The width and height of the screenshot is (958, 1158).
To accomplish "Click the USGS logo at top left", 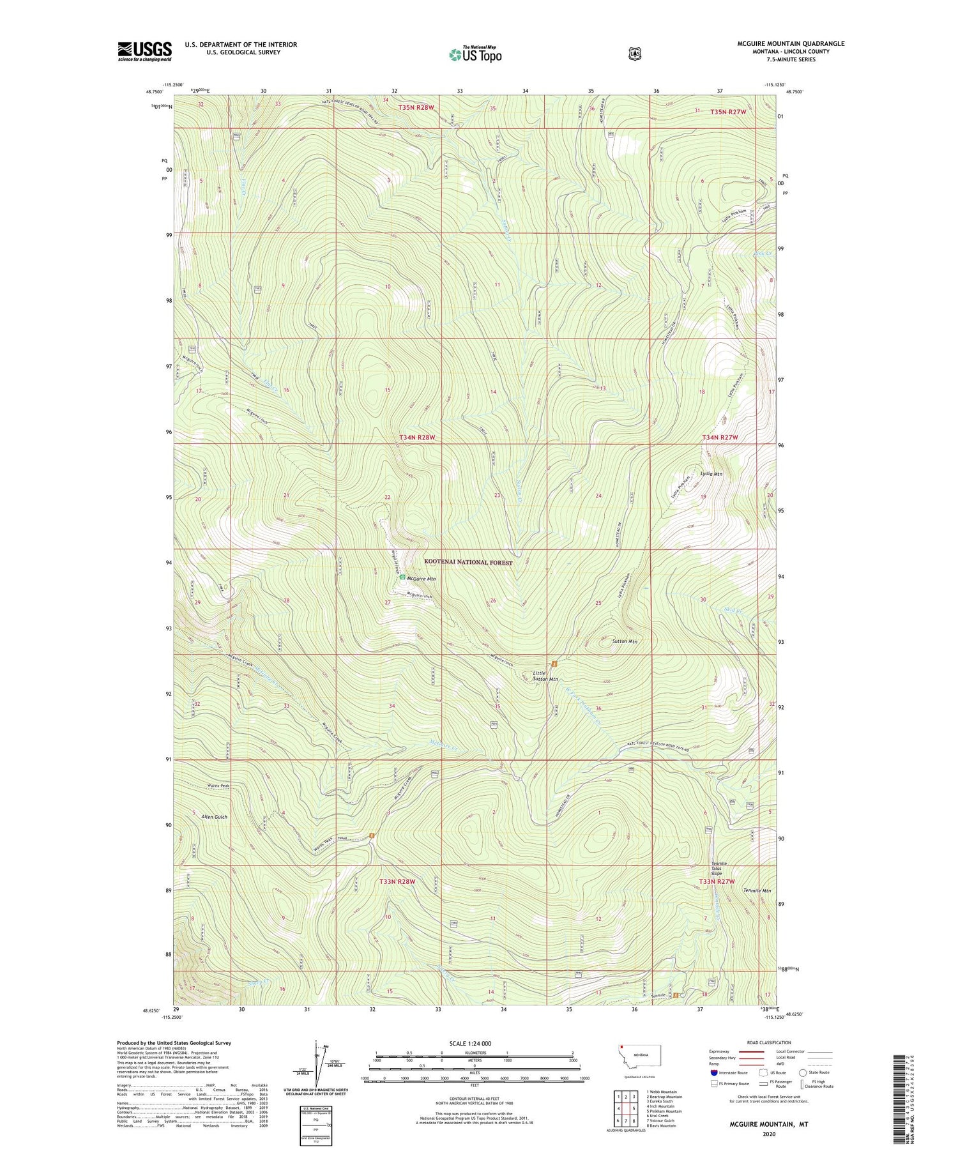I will (x=144, y=51).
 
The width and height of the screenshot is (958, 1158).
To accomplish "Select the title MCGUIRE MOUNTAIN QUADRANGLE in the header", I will (x=790, y=43).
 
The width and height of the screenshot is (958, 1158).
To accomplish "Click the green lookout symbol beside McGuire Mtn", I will (x=402, y=578).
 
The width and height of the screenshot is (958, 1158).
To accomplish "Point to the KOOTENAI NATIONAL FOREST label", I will (x=469, y=562).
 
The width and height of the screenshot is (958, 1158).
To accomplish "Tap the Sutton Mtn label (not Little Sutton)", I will (x=625, y=641).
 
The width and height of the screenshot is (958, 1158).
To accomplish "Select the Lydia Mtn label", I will (x=711, y=474).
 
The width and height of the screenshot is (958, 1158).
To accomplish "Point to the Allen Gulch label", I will (x=214, y=816).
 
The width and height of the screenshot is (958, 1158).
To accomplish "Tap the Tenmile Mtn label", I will (x=757, y=890).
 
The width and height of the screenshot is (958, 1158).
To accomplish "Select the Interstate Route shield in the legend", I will (x=713, y=1072).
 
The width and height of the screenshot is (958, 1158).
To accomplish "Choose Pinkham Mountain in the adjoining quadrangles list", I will (x=664, y=1111).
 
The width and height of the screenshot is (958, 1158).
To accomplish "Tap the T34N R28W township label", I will (x=416, y=437).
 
